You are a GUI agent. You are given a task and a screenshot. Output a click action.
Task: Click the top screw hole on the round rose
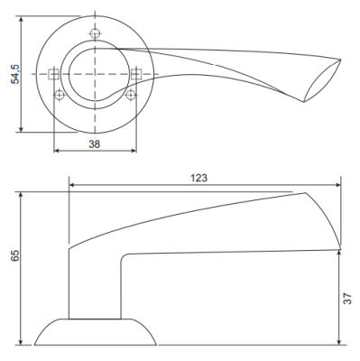tap(96, 34)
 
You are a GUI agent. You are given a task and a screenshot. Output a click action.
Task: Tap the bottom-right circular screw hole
tap(131, 95)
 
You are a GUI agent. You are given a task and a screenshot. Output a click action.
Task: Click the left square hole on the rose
tap(53, 74)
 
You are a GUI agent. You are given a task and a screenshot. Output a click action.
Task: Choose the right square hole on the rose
tap(137, 74)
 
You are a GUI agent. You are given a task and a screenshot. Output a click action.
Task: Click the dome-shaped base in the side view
tap(96, 331)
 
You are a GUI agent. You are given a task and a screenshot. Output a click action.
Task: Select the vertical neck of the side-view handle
tap(96, 284)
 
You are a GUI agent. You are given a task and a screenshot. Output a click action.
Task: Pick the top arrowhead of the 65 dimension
tap(22, 195)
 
